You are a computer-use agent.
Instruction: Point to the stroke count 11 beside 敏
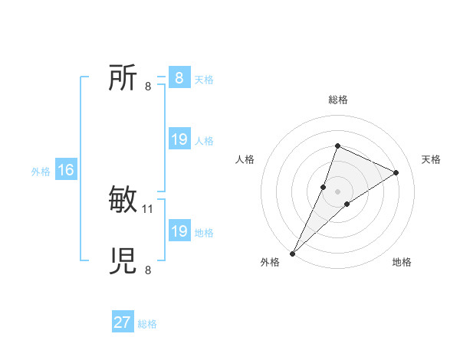[x=148, y=208]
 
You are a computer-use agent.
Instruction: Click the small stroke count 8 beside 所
[x=148, y=86]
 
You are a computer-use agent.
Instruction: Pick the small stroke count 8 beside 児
[x=148, y=269]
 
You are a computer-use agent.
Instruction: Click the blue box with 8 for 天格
[x=179, y=78]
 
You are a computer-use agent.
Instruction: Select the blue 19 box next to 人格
[x=179, y=139]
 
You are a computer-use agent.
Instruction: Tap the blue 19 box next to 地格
[x=179, y=231]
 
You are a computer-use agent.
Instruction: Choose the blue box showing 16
[x=65, y=170]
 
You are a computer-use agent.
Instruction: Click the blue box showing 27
[x=123, y=322]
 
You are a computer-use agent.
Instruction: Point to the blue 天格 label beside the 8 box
[x=204, y=80]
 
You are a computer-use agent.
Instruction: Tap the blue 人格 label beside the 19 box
[x=204, y=141]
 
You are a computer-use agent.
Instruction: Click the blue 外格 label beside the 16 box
[x=41, y=172]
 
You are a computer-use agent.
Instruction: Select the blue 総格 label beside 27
[x=147, y=324]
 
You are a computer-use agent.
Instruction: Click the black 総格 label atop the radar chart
[x=337, y=100]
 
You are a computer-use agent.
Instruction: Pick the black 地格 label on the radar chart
[x=402, y=263]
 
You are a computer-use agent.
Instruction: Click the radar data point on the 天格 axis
[x=396, y=172]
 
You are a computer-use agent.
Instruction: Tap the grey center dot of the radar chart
[x=337, y=191]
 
